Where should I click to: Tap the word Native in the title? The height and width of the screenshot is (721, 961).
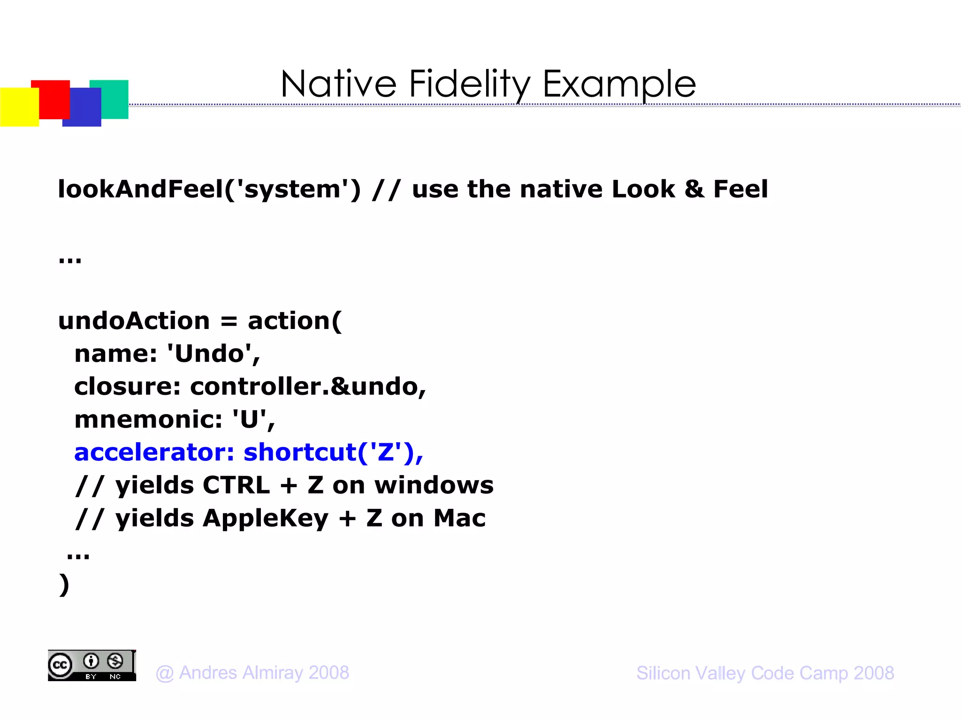[338, 84]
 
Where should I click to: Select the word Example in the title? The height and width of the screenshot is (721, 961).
[619, 84]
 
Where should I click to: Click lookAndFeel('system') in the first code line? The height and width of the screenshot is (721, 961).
[209, 189]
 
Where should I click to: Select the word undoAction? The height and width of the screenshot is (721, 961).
[134, 321]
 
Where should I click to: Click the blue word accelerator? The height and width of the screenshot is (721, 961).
[154, 453]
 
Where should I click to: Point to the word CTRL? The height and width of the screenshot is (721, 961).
[236, 485]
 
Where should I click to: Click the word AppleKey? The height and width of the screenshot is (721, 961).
[266, 519]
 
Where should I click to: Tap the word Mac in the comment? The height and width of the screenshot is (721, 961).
[459, 519]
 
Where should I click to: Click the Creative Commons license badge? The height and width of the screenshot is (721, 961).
[92, 666]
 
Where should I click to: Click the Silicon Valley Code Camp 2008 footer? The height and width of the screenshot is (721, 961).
[765, 673]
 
